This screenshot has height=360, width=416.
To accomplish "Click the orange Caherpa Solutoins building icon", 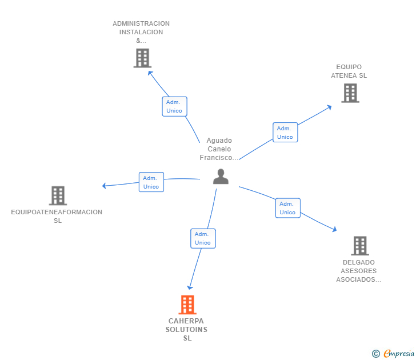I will pos(187,305).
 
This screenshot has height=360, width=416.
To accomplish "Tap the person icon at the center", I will pos(221,177).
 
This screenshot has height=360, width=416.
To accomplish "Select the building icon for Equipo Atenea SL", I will pos(350,93).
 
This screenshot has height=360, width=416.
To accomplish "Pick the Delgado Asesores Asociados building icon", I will pos(359,246).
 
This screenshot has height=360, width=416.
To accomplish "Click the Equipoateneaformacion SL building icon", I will pos(58,195).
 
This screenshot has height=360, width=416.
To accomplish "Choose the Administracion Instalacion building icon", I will pos(142,58).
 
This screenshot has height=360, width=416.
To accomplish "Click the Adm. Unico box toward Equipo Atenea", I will pos(285,132).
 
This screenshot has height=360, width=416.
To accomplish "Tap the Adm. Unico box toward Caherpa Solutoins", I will pos(203,238).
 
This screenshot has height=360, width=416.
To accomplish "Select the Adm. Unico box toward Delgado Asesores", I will pos(287,208).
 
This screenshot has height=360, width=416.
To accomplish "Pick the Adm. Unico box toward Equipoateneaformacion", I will pos(151,182).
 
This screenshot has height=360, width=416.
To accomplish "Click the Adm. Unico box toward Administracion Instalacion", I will pos(174,106).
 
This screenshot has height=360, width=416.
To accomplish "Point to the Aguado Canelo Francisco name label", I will pos(219,149).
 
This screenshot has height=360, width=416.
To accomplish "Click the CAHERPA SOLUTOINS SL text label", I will pos(187,330).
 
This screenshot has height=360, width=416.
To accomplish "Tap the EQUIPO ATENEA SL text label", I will pos(349,71).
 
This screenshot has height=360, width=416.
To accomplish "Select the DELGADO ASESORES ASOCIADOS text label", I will pos(358,271).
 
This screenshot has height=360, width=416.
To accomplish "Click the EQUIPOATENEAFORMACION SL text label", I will pos(57,216).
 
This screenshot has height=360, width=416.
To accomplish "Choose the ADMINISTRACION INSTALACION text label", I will pos(141,32).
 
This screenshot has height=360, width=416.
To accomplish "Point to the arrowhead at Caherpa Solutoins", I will pos(190,287).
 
